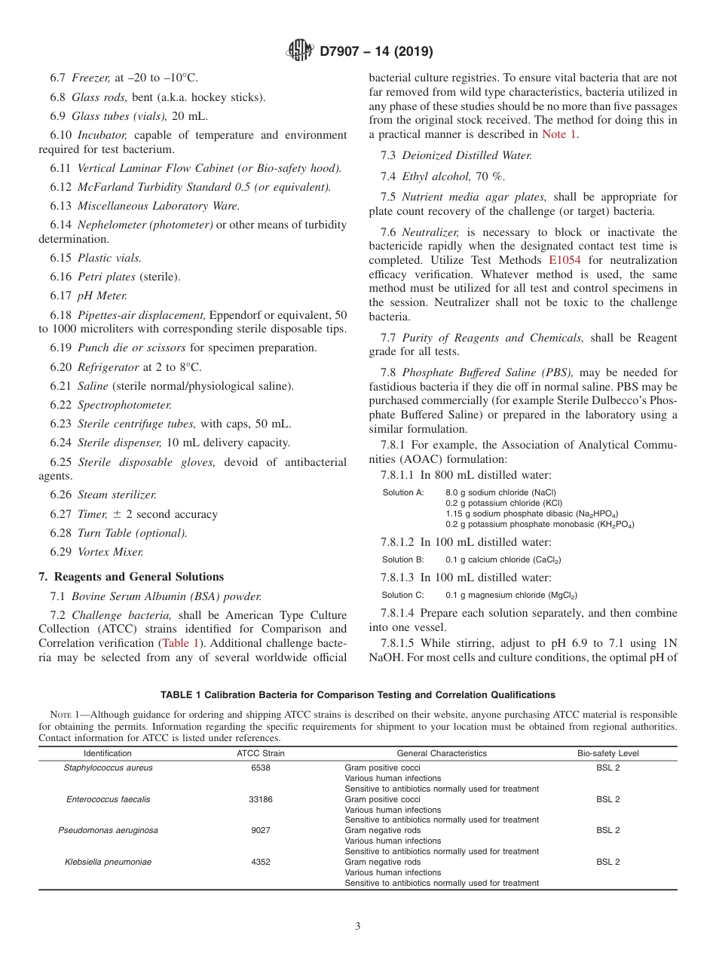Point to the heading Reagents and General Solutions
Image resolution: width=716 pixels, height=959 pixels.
coord(131,577)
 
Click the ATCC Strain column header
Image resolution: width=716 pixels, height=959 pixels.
coord(260,753)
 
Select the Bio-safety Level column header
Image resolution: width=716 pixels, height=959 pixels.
coord(607,753)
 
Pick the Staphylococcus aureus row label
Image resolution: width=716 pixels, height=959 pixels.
coord(108,768)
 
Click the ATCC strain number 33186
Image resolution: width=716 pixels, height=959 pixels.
coord(260,799)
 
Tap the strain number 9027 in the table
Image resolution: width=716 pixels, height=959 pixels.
coord(260,830)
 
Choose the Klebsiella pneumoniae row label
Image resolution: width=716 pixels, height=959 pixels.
coord(108,862)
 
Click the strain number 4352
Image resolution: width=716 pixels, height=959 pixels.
coord(260,862)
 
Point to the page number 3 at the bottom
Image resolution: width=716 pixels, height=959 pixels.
coord(358,926)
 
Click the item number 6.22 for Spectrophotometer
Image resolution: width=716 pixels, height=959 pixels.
coord(61,406)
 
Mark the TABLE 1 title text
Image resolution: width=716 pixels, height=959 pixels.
coord(357,695)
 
